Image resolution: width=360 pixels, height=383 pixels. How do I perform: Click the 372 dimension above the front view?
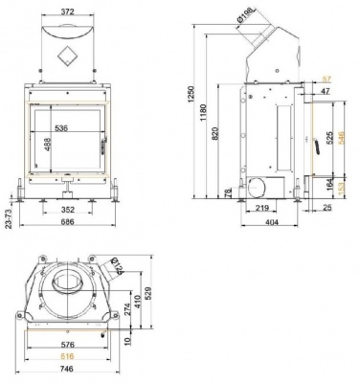66,9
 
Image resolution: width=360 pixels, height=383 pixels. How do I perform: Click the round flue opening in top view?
68,284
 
